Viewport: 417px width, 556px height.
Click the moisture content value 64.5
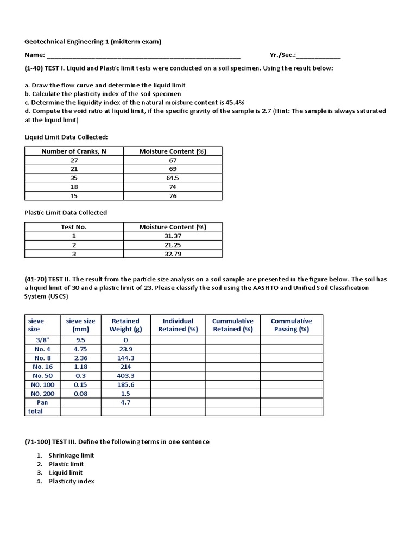click(173, 178)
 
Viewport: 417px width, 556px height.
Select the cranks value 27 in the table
click(74, 160)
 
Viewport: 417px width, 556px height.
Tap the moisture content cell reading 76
click(173, 196)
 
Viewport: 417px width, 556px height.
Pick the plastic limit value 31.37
click(173, 236)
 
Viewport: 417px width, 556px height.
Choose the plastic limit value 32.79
click(173, 254)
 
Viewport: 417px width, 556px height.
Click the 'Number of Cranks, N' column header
click(74, 151)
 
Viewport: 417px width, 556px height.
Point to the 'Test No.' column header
click(74, 227)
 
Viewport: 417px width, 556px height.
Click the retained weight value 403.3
click(125, 376)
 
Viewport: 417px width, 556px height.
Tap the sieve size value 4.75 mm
click(80, 349)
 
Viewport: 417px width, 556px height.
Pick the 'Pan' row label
click(42, 402)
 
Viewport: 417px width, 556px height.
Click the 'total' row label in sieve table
click(35, 412)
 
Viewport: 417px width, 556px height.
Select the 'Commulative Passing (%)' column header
click(291, 325)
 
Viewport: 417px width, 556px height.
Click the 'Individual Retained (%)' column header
click(178, 325)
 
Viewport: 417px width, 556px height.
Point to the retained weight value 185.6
click(125, 384)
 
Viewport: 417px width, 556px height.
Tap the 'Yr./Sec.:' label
click(282, 55)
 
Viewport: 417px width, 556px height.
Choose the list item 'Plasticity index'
click(72, 481)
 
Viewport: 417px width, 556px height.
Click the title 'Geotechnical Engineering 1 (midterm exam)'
click(93, 41)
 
